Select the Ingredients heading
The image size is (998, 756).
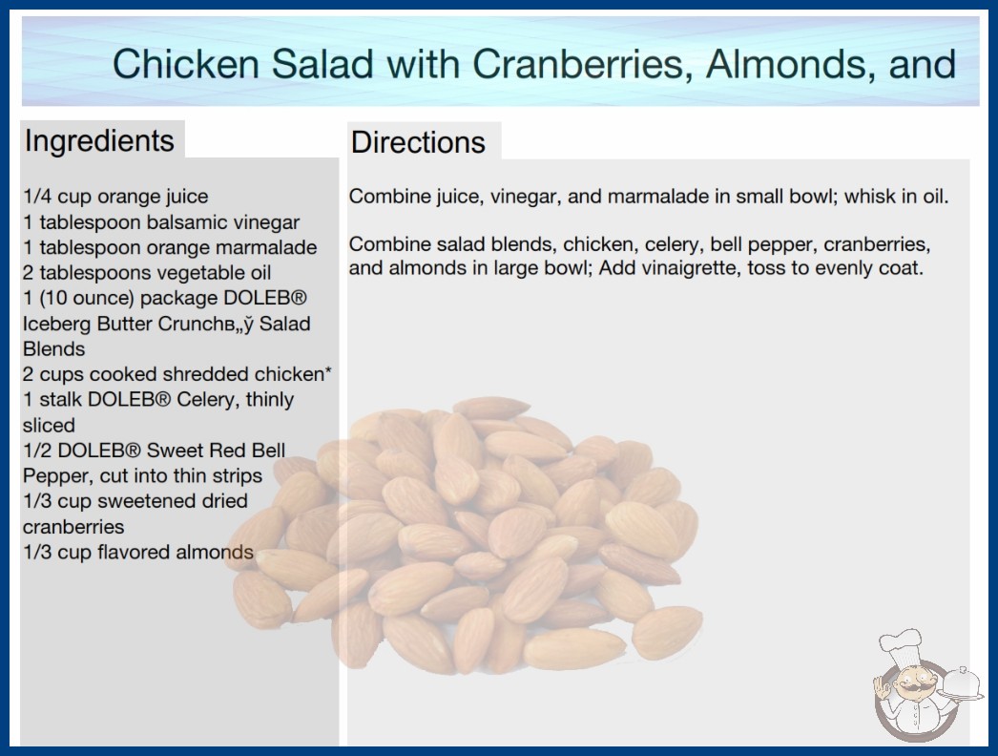[99, 140]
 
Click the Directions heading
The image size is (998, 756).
[418, 142]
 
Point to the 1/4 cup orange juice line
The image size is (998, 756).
[115, 197]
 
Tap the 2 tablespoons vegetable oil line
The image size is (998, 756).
[147, 273]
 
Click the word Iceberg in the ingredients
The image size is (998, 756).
[57, 325]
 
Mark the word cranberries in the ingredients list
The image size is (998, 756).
[73, 527]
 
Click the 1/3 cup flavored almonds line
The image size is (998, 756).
[138, 552]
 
